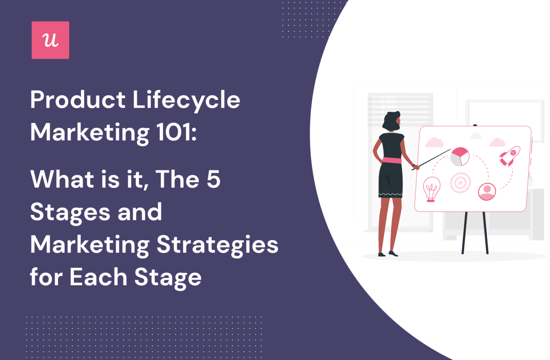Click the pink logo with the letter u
pos(50,40)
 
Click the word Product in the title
pos(78,100)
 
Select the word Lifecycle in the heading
pos(186,100)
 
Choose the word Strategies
pos(217,245)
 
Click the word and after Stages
pos(140,212)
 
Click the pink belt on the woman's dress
pos(392,160)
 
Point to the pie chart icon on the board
pos(460,157)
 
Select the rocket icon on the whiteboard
pos(510,156)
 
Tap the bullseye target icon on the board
pos(460,183)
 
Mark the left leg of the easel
pos(464,233)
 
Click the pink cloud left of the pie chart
pos(434,143)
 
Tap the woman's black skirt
pos(390,181)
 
